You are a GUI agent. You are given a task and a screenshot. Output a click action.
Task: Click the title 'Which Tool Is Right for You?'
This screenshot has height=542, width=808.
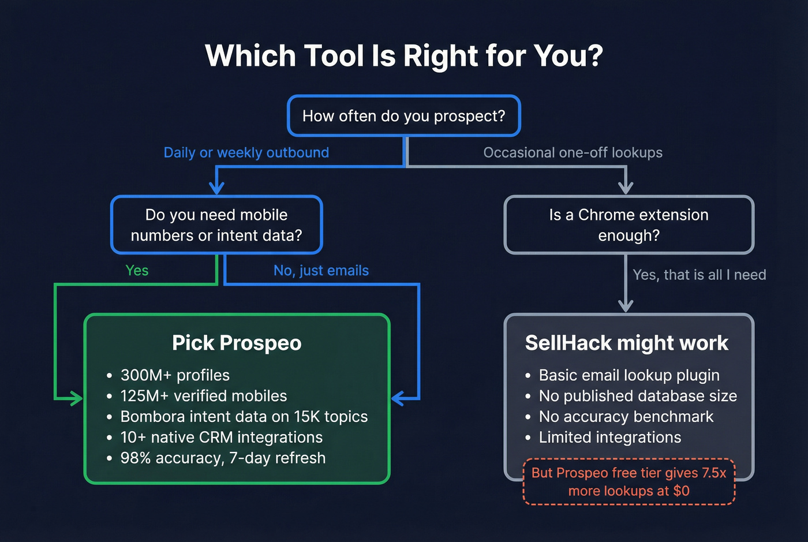pos(404,56)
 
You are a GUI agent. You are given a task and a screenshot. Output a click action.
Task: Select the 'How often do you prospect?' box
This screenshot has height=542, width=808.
pos(404,116)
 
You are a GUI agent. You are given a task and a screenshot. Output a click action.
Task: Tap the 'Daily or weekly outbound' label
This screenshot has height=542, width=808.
pos(246,152)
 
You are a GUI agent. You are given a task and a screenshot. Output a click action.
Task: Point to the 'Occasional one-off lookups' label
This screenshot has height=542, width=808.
pos(573,152)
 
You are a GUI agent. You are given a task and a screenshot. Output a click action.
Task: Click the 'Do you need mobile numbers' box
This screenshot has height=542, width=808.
pos(216,225)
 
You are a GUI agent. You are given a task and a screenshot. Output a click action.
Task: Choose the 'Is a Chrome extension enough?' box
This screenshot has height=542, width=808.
pos(629,225)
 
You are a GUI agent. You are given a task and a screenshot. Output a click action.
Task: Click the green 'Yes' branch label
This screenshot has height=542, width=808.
pos(137,271)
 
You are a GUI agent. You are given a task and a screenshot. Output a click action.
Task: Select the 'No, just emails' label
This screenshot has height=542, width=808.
pos(321,271)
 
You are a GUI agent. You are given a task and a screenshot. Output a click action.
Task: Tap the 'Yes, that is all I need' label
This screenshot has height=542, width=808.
pos(699,275)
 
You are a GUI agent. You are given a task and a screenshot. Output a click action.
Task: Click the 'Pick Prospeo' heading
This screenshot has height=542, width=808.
pos(237,343)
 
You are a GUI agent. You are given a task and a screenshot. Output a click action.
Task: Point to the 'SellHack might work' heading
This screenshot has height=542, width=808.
pos(627,343)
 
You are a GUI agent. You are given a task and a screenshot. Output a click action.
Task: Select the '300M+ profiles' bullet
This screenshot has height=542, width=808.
pos(175,375)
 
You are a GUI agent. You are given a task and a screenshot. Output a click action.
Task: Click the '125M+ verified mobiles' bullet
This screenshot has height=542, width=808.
pos(203,396)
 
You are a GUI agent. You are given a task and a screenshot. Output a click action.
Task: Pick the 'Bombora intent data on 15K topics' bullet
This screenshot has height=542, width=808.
pos(244,417)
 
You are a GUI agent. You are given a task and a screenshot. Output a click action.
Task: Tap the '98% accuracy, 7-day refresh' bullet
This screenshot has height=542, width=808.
pos(223,458)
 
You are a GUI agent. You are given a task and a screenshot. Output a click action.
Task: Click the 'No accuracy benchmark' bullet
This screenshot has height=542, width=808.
pos(626,417)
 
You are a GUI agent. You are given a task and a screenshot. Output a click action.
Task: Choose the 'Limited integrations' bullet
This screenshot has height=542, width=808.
pos(609,438)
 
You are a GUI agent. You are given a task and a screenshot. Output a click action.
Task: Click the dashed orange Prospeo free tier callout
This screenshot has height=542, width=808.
pos(629,482)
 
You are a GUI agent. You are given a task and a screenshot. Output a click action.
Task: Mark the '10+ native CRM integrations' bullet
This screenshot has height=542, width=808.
pos(221,438)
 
